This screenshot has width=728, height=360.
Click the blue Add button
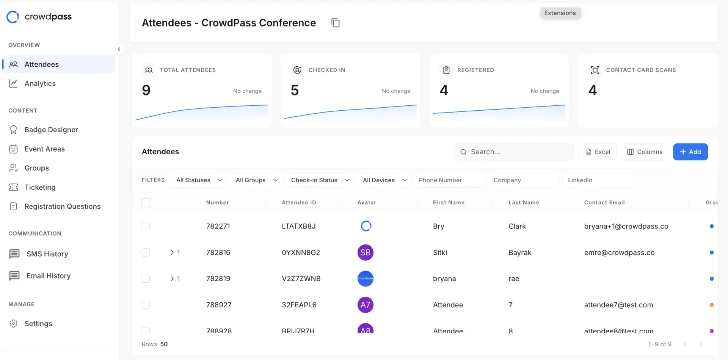pos(690,152)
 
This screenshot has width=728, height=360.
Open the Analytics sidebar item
pos(40,83)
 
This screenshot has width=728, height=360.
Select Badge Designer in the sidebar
pos(51,130)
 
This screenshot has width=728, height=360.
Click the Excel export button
pos(598,152)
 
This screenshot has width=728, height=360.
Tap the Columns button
pos(645,152)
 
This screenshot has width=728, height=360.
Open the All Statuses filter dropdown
pos(199,180)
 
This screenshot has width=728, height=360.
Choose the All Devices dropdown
pos(384,180)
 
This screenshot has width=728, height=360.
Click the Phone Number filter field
pos(448,180)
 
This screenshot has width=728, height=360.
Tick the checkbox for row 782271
pos(146,226)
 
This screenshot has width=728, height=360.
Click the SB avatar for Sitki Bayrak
pos(365,253)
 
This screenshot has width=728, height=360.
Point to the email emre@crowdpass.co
pos(619,253)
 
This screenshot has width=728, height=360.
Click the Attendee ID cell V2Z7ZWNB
pos(301,279)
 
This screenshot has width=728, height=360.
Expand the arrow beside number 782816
pos(172,252)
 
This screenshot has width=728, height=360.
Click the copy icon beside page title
pos(335,23)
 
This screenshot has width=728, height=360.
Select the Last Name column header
pos(523,202)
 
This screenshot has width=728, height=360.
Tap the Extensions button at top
pos(560,13)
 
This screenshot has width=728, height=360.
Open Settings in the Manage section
pos(38,324)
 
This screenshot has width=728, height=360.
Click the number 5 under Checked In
pos(295,90)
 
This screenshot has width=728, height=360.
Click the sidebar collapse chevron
pos(119,49)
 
